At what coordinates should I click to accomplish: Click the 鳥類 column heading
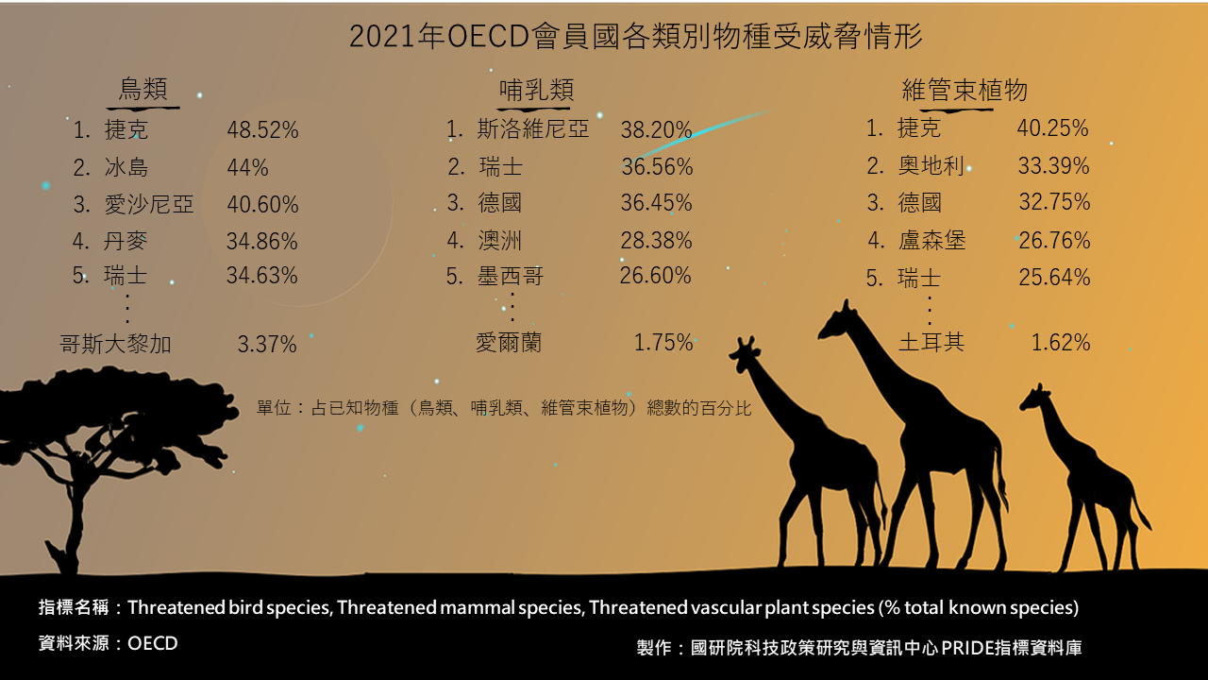point(143,89)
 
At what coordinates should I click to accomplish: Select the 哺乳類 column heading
point(537,90)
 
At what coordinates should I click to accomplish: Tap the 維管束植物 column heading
point(965,90)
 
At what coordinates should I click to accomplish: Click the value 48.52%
point(262,129)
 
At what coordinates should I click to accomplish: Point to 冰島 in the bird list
point(126,167)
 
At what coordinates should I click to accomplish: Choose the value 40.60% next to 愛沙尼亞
point(262,205)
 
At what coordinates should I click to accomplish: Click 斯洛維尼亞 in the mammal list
point(533,129)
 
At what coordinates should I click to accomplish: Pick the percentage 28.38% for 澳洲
point(656,241)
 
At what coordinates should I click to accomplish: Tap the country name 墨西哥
point(511,277)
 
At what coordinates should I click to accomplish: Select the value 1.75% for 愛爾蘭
point(663,343)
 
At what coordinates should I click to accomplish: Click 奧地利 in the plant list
point(931,165)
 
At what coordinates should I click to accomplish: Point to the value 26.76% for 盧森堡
point(1054,241)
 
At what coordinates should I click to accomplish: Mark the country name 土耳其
point(931,342)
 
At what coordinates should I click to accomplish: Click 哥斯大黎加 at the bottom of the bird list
point(115,344)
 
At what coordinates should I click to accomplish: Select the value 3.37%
point(267,345)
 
